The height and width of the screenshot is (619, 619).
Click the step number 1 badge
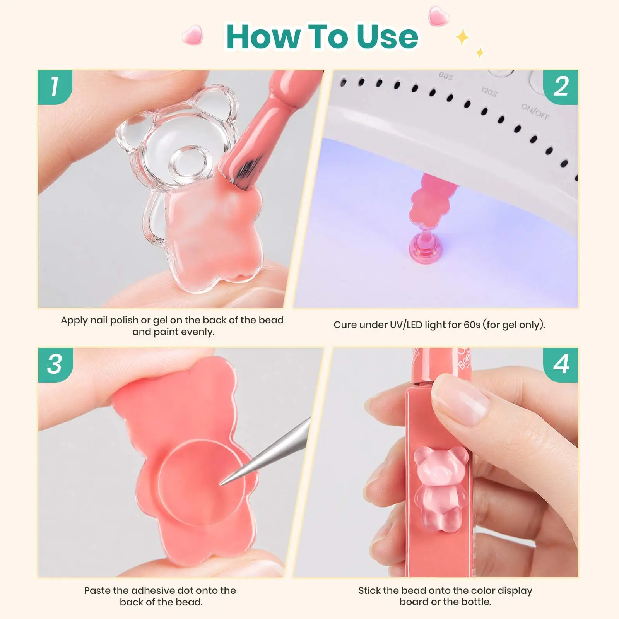(55, 87)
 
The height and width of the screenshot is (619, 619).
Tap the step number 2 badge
(561, 87)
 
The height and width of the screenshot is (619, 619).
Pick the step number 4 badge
(561, 365)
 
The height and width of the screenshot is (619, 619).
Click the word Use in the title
(387, 37)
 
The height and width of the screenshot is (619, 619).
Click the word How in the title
(263, 37)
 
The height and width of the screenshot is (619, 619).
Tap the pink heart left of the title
(193, 35)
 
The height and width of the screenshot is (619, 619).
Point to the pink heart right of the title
(439, 16)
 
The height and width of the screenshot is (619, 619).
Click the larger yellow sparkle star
(462, 38)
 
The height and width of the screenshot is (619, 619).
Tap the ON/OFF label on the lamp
(535, 111)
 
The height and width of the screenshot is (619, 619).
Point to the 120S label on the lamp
(489, 92)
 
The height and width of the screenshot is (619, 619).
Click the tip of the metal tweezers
(221, 484)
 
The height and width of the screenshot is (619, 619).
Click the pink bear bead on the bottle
(440, 489)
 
